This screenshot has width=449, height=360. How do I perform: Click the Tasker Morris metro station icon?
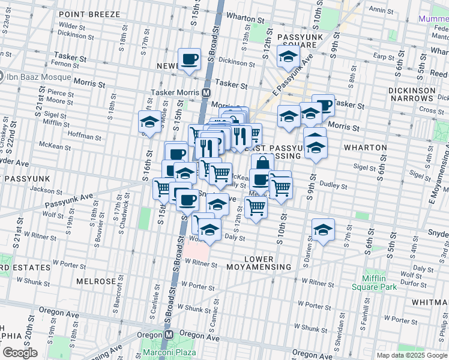coord(205,93)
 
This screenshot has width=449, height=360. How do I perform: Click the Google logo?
coord(19,353)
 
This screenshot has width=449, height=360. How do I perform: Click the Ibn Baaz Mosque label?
coord(35,77)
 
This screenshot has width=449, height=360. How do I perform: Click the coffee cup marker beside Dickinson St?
coord(190,60)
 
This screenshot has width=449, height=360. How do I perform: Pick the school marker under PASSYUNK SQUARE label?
coord(288,58)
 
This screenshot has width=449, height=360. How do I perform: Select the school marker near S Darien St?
coord(323,230)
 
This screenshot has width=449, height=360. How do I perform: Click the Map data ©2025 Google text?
coord(411,355)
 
